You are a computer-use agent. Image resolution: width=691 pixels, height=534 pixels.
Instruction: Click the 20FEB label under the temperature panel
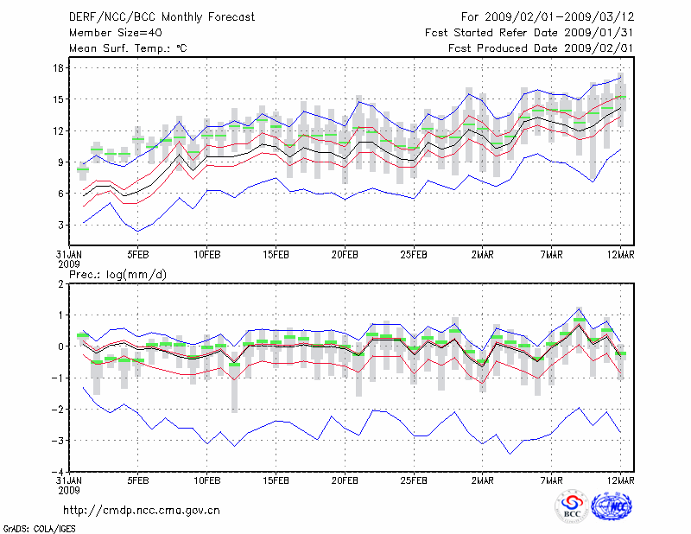[345, 255]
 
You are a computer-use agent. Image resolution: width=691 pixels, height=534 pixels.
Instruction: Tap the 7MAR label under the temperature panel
[552, 255]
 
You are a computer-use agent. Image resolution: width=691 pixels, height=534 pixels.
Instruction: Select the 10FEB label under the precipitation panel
[206, 480]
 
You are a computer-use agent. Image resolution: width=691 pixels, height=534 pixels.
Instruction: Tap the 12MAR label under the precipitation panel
[621, 480]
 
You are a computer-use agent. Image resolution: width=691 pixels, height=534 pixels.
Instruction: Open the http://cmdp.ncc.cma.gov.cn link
[142, 511]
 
